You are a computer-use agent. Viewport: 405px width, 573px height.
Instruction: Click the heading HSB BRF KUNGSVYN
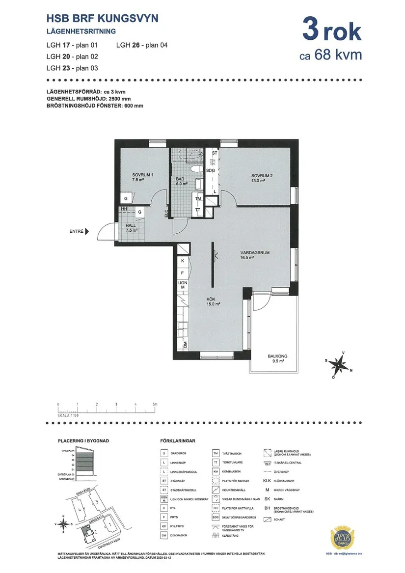102,19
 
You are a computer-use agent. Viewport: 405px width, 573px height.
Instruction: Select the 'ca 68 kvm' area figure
330,55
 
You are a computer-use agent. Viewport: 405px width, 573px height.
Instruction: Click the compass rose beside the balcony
338,365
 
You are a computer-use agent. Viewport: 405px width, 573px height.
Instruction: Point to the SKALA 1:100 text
68,415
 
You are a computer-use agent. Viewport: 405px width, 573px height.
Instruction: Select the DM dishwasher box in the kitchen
186,345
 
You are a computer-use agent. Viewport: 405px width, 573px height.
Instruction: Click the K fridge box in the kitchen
183,261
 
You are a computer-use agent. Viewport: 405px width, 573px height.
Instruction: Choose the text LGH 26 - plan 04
142,45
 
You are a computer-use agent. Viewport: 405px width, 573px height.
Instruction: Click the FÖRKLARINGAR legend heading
178,441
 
